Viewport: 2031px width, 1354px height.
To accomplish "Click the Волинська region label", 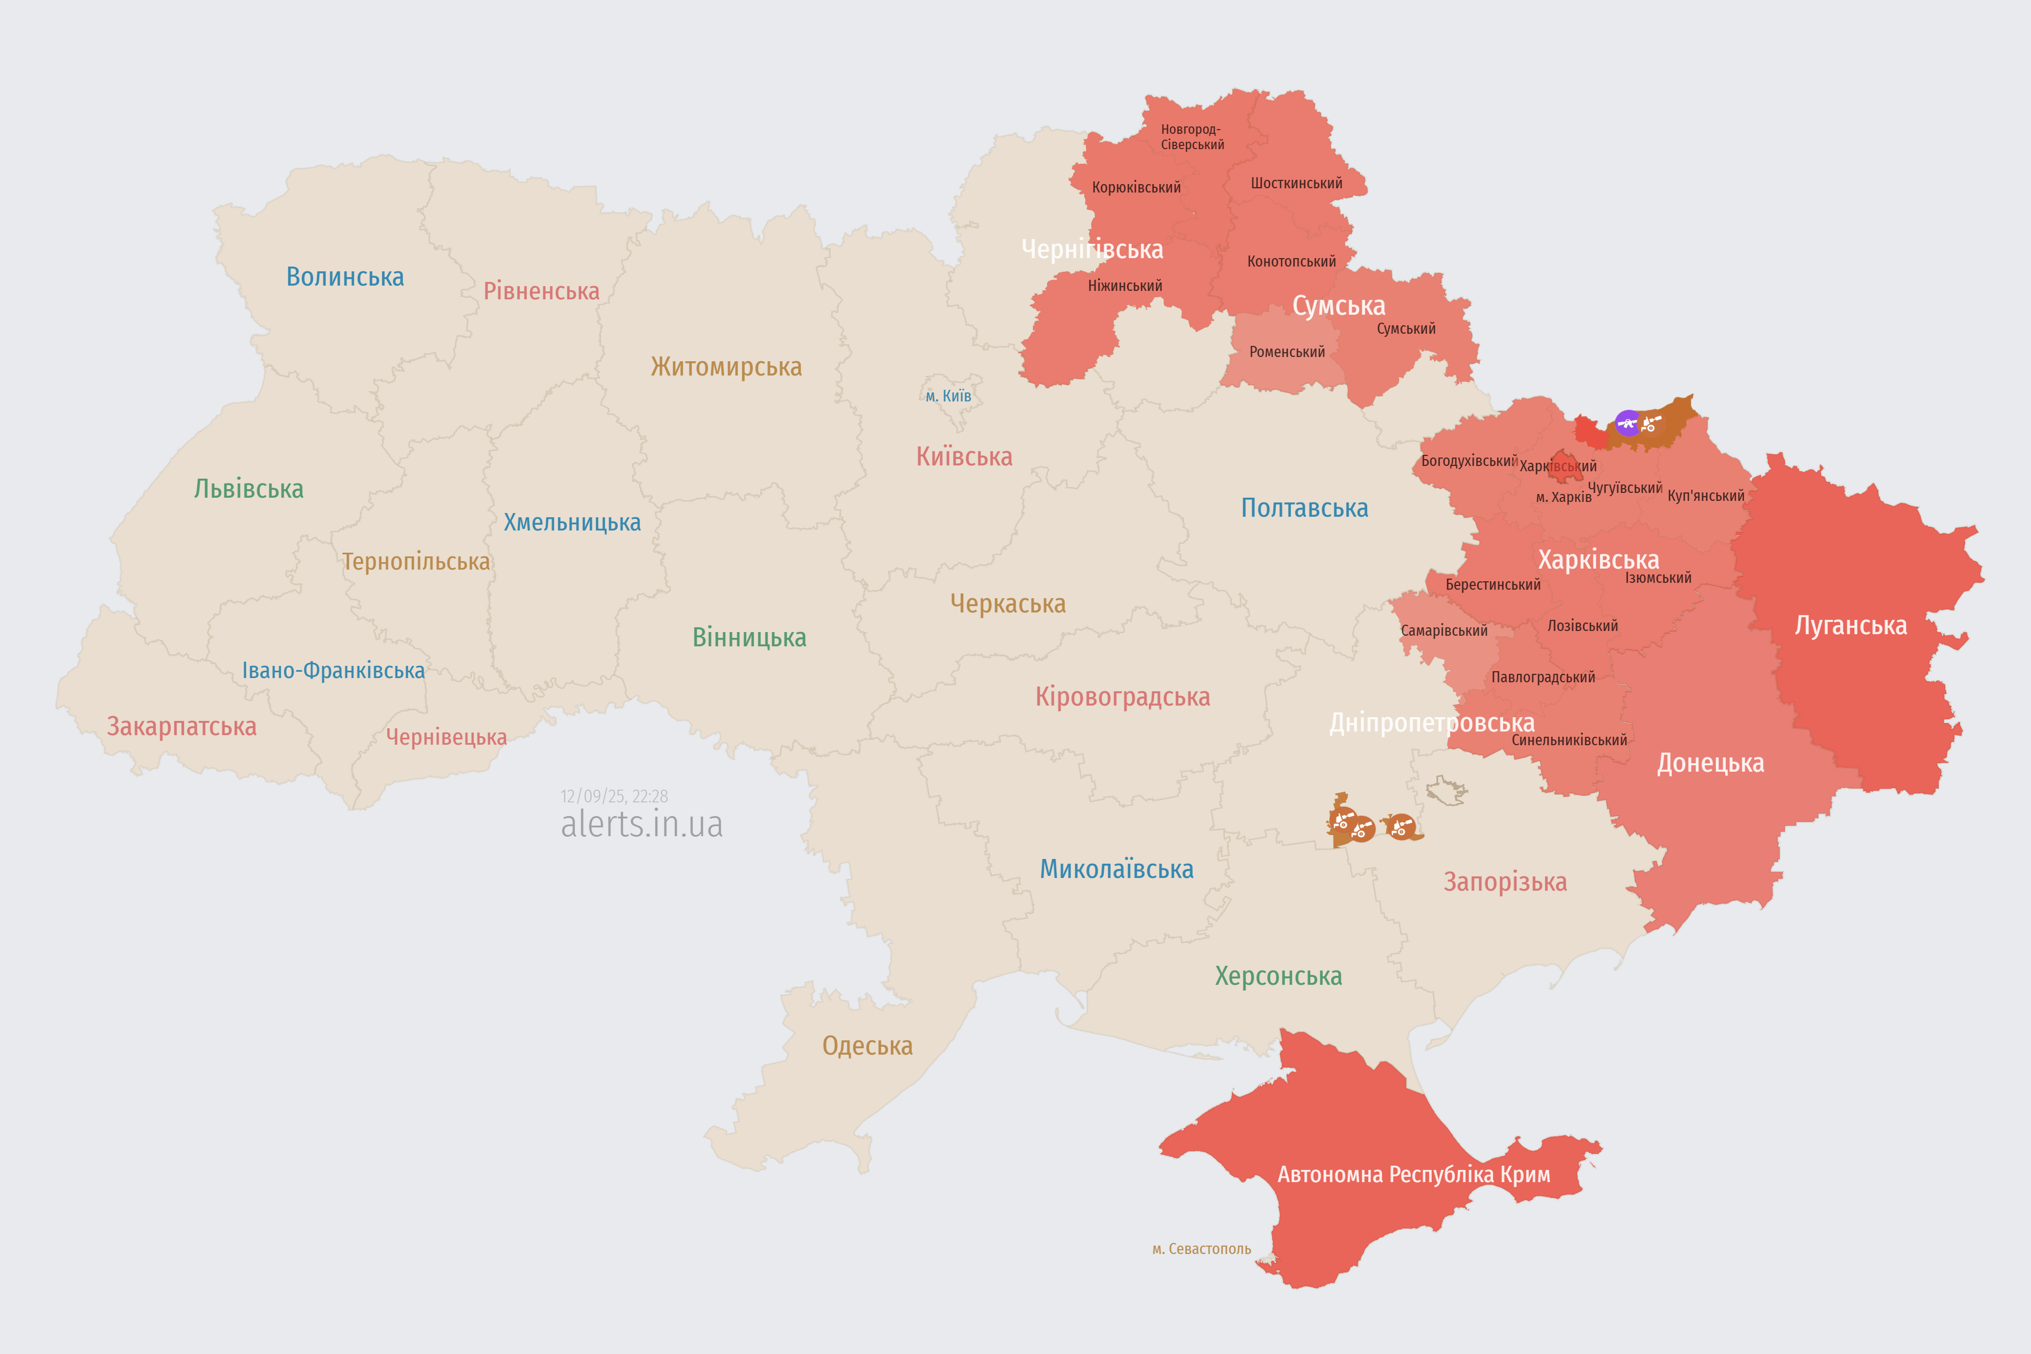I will point(344,277).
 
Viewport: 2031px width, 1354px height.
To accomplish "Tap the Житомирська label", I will point(726,367).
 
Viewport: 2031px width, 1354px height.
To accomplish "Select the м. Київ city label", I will point(948,396).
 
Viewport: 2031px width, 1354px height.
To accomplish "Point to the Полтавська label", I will point(1304,508).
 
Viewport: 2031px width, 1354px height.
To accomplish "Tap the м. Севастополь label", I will point(1201,1249).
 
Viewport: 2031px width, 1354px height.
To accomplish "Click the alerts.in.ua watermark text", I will point(642,825).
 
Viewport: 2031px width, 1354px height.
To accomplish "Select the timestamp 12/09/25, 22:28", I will point(614,796).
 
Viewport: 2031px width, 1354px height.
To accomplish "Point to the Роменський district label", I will point(1287,352).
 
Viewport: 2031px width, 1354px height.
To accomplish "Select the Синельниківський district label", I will point(1569,740).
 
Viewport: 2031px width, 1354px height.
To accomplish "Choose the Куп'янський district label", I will point(1705,496).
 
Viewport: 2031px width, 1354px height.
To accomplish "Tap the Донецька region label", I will point(1710,763).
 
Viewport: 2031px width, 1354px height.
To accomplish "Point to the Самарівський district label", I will point(1444,630).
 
